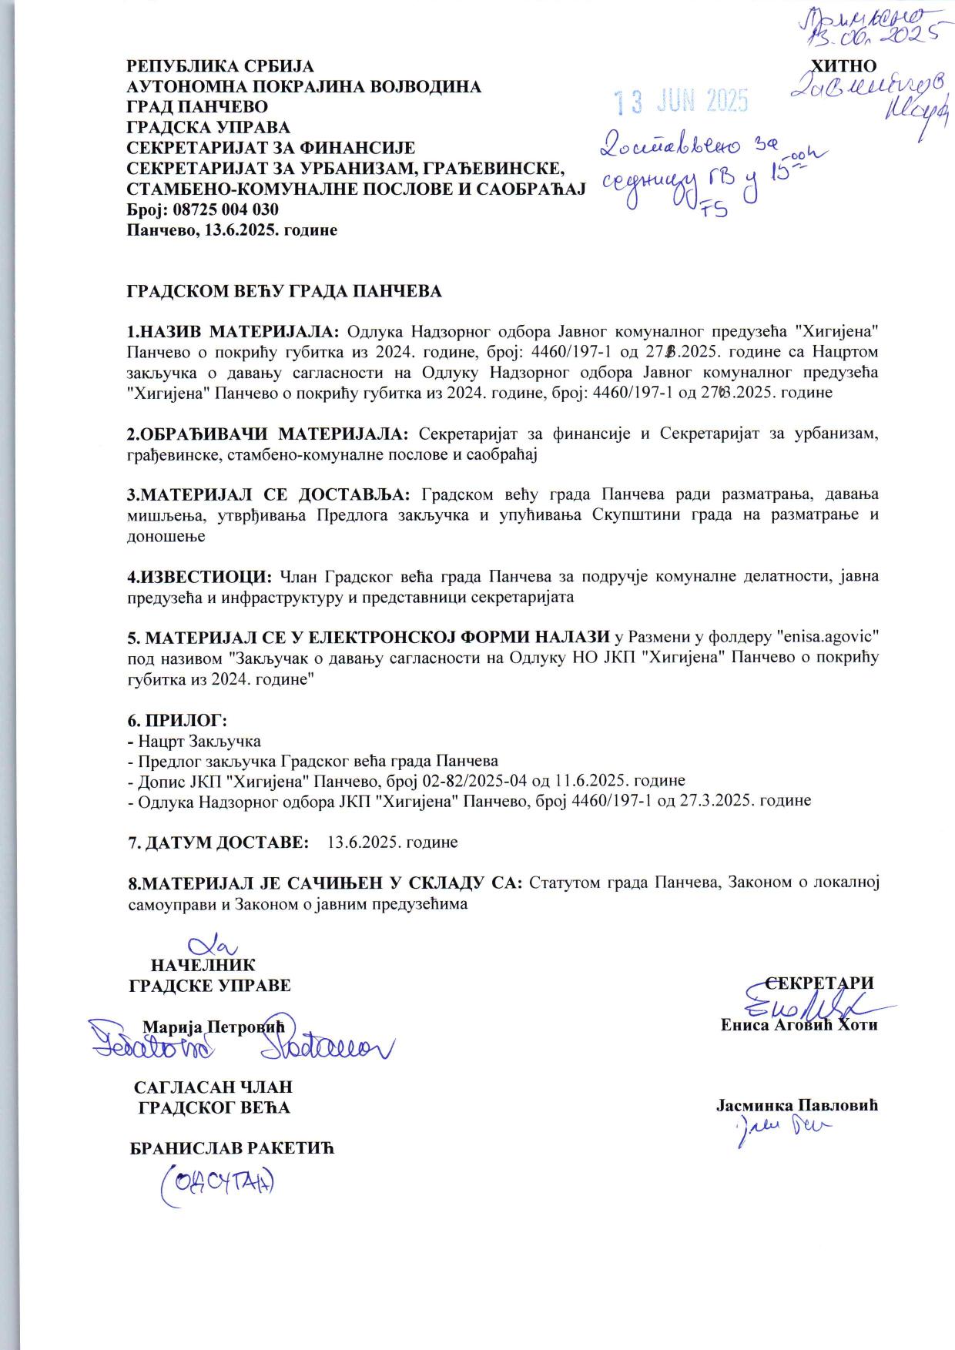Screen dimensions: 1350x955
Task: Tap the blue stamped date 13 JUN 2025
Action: pyautogui.click(x=680, y=100)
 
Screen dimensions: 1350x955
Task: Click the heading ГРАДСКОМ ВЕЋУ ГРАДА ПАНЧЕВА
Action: pyautogui.click(x=284, y=291)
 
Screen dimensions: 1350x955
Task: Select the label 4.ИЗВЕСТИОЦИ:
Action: pyautogui.click(x=199, y=576)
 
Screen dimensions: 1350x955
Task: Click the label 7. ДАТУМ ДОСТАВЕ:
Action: pyautogui.click(x=218, y=841)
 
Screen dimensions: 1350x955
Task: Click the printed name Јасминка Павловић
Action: pyautogui.click(x=797, y=1105)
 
